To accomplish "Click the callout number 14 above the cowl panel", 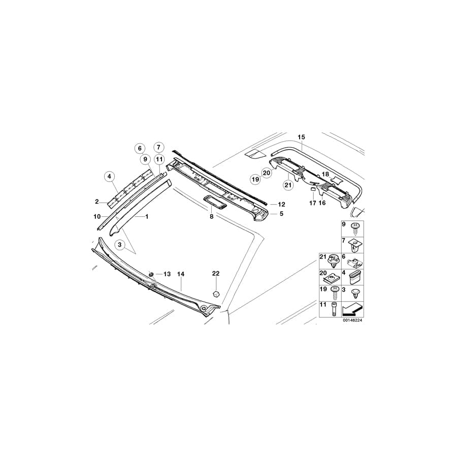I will [x=180, y=274].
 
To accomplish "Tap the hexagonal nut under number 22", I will [x=216, y=293].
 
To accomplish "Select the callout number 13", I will [x=167, y=274].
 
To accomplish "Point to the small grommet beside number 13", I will [x=151, y=274].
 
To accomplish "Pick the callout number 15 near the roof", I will [x=301, y=137].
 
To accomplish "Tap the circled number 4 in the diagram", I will [x=110, y=177].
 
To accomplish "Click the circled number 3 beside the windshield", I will [x=120, y=245].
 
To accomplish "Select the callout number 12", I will [x=281, y=204].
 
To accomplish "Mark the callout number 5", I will [x=281, y=214].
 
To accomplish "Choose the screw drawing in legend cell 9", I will [x=356, y=228].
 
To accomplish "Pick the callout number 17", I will [x=312, y=203].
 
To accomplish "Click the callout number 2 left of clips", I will [x=96, y=202].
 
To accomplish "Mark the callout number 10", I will [x=96, y=217].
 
